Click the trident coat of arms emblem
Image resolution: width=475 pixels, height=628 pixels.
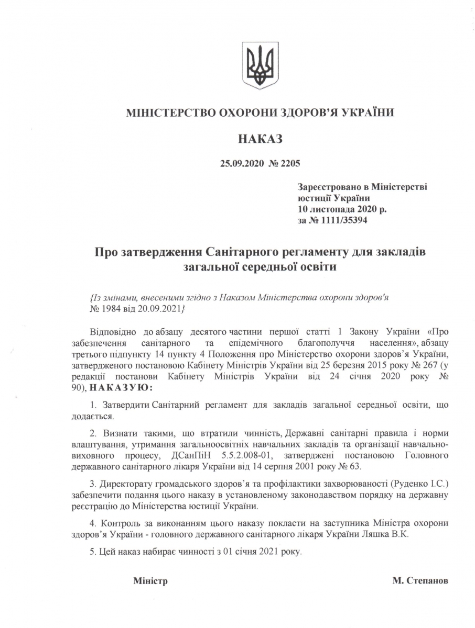259,66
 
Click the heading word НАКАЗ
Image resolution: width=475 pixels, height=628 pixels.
260,139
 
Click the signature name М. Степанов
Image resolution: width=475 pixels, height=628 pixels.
420,581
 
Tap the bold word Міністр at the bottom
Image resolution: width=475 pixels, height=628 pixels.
150,581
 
